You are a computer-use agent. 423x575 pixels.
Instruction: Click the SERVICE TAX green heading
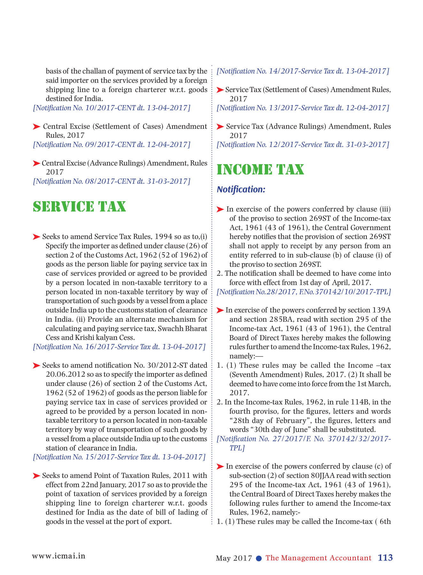pos(80,207)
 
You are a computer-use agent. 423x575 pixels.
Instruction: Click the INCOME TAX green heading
pos(260,170)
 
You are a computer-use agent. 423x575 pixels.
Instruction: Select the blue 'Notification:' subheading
pos(241,189)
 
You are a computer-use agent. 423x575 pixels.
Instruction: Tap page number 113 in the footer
pos(385,558)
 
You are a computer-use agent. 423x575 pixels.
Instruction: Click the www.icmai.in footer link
pos(59,556)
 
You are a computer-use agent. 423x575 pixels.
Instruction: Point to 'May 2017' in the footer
pos(234,558)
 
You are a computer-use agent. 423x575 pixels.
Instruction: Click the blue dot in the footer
pos(259,558)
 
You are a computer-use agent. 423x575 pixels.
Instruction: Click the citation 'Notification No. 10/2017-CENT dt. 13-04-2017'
pos(112,108)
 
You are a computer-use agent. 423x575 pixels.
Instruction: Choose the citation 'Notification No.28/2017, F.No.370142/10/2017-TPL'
pos(304,292)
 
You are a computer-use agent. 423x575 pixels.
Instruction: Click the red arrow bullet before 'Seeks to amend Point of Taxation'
pos(36,476)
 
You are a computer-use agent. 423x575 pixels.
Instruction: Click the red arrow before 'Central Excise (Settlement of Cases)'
pos(36,127)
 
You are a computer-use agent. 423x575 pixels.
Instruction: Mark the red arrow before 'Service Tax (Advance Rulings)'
pos(220,127)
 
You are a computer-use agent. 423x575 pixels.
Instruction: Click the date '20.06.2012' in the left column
pos(66,374)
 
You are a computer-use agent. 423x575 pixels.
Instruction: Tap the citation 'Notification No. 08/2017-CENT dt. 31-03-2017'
pos(112,181)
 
